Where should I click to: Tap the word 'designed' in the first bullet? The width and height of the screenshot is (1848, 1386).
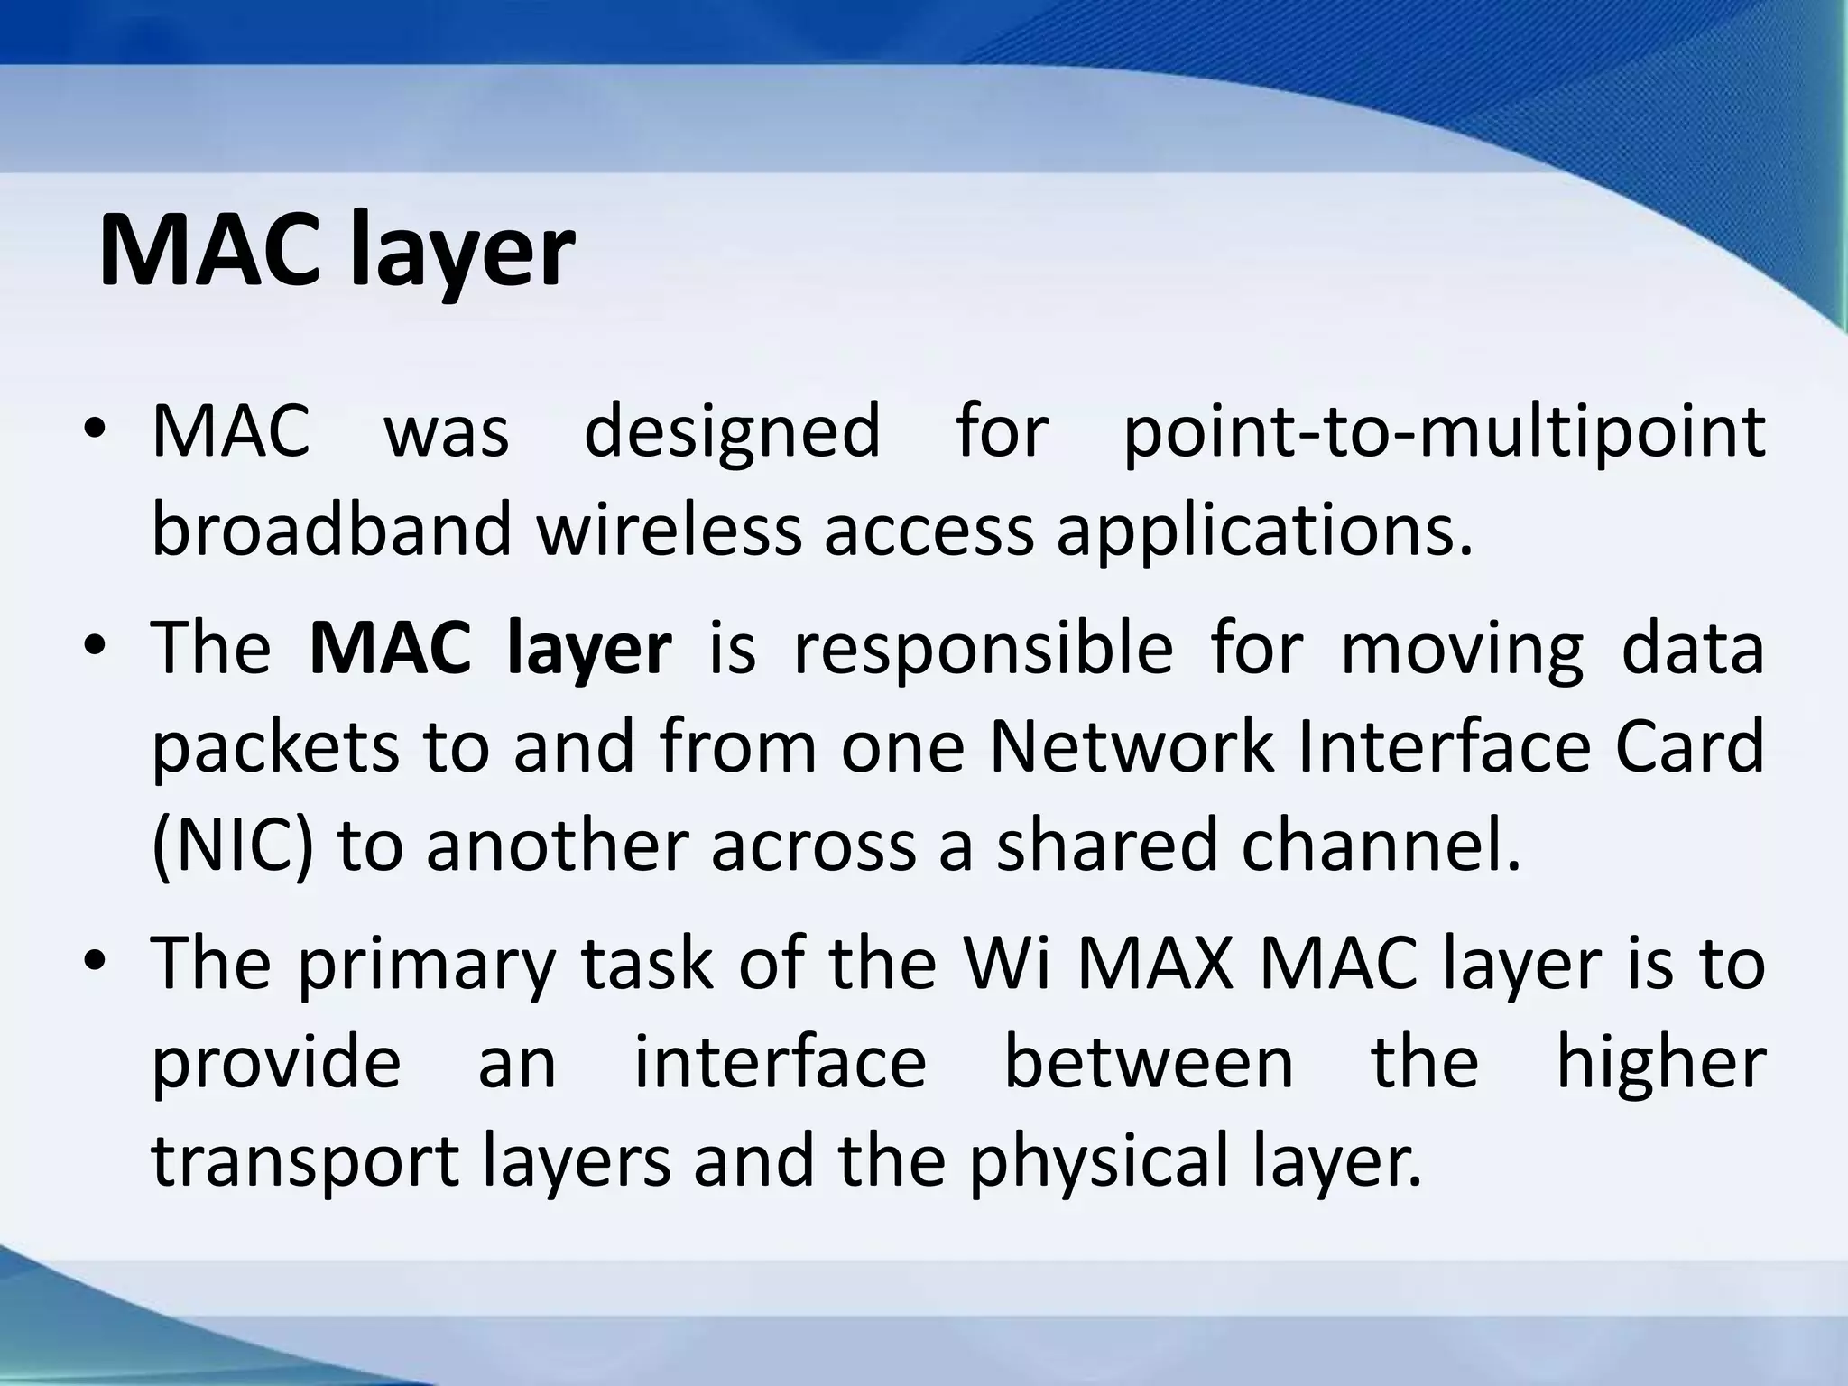click(x=732, y=431)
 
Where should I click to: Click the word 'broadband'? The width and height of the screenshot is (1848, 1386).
click(x=331, y=529)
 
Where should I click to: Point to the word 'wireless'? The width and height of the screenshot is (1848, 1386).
click(x=669, y=529)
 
